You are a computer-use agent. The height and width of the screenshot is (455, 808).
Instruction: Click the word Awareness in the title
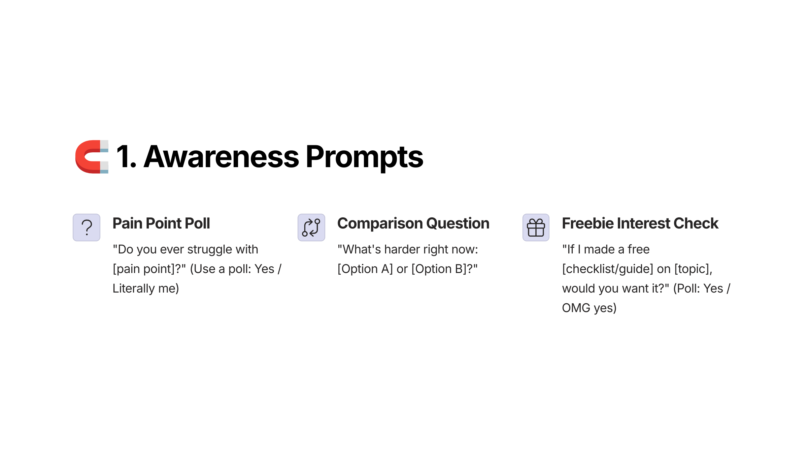(221, 157)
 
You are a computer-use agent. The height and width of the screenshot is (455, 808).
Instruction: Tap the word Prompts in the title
(364, 158)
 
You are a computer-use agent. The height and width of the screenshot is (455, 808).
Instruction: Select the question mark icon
(87, 227)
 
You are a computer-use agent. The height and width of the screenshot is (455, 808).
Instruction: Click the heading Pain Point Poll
(161, 223)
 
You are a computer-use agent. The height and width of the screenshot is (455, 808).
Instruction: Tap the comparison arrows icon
(311, 227)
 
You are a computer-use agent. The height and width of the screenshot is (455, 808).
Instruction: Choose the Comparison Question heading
(413, 223)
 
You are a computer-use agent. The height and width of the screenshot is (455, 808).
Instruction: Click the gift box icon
(536, 227)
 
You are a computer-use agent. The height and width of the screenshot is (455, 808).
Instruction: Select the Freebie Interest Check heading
(640, 223)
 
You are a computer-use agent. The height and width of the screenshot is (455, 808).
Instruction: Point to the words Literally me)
(146, 289)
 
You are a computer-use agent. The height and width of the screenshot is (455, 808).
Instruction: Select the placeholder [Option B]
(439, 269)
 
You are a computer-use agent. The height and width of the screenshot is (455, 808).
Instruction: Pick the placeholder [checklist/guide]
(608, 269)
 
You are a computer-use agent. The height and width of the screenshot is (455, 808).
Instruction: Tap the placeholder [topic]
(692, 269)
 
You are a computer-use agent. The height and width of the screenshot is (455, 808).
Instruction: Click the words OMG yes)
(589, 308)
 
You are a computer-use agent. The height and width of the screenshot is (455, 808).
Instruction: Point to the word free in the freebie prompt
(638, 249)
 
